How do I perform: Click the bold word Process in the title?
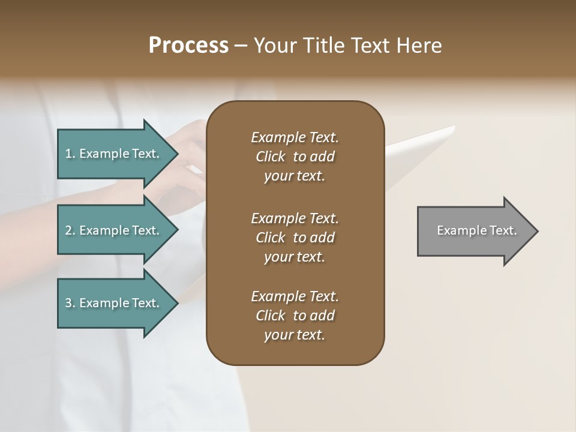[188, 46]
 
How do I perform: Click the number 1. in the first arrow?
[70, 154]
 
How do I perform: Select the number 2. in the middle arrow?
[70, 230]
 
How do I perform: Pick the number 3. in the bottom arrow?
[70, 303]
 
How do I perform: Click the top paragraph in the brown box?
[295, 157]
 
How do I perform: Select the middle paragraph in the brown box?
[295, 238]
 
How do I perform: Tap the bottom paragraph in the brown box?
[295, 316]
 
